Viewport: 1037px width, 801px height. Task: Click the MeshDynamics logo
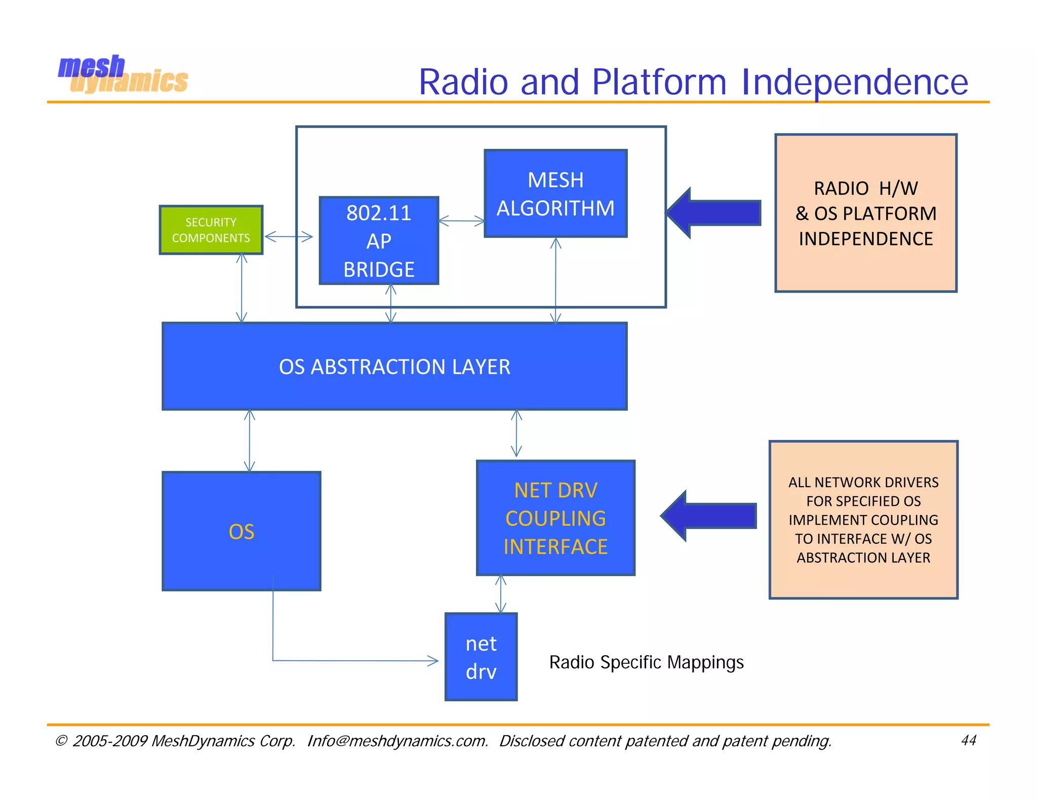[x=123, y=74]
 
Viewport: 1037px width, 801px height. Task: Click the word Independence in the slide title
[x=854, y=82]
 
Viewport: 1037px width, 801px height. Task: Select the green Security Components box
[x=211, y=230]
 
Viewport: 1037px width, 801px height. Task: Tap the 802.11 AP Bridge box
[x=379, y=241]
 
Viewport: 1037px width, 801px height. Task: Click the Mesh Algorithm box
[x=555, y=194]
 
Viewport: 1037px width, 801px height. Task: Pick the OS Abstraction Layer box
[x=394, y=367]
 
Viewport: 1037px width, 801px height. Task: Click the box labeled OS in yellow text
[x=241, y=531]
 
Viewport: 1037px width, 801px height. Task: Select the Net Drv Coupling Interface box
[x=555, y=518]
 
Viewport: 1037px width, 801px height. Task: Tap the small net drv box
[x=481, y=657]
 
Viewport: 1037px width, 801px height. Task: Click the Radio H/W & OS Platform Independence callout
[x=865, y=213]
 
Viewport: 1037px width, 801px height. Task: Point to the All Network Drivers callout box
[x=863, y=519]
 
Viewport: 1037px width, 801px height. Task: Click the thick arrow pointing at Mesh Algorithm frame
[x=714, y=213]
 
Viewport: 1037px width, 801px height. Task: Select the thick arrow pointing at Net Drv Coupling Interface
[x=709, y=516]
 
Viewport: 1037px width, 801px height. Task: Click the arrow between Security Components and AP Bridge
[x=289, y=236]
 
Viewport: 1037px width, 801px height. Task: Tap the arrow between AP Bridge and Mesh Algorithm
[x=461, y=221]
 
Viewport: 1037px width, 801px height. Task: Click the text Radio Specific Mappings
[x=646, y=662]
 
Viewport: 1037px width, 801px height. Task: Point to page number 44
[x=968, y=740]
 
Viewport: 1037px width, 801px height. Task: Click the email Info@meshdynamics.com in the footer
[x=397, y=741]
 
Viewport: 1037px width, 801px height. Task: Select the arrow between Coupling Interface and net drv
[x=501, y=594]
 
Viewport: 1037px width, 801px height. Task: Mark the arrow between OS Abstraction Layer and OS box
[x=249, y=441]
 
